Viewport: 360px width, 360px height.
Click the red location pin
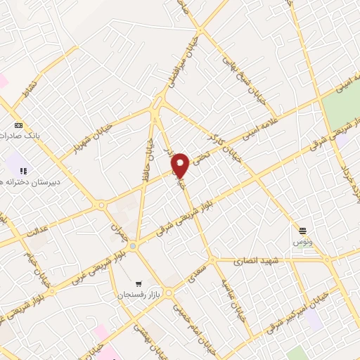(x=181, y=165)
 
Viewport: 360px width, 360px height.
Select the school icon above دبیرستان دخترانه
(x=22, y=170)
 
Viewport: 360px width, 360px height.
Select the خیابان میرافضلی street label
(x=174, y=64)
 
